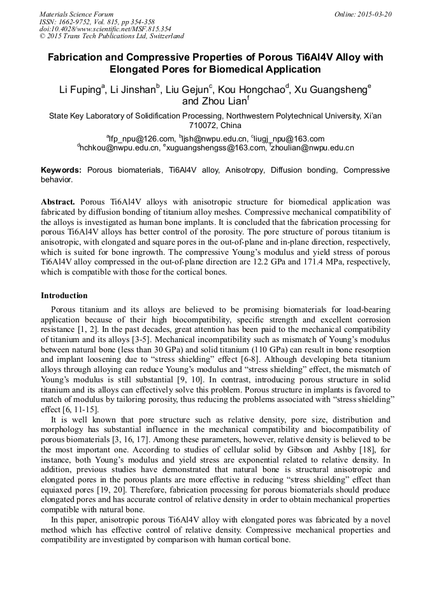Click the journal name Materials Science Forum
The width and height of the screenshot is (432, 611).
(x=76, y=14)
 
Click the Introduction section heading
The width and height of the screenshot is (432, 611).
(x=64, y=296)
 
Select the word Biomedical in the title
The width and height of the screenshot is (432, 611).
(x=227, y=69)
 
